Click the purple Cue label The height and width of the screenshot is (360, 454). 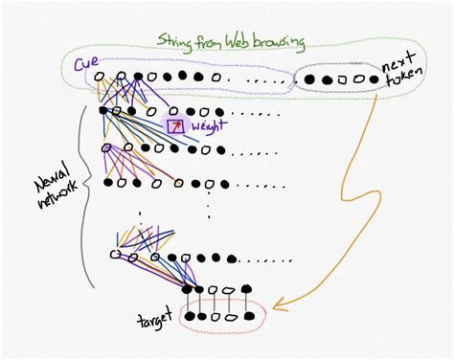point(85,65)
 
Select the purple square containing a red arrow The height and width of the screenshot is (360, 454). point(175,126)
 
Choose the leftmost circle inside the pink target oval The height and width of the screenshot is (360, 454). point(190,316)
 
